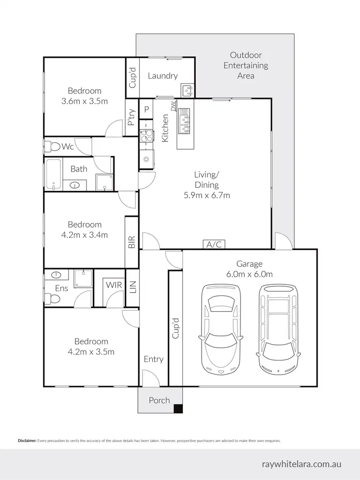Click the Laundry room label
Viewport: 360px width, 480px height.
point(163,75)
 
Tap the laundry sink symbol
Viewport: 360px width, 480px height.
point(187,89)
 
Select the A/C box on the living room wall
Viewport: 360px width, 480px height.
point(214,244)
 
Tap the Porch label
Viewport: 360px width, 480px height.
point(159,400)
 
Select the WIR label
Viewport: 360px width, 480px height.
point(114,285)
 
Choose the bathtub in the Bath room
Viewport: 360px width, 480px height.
point(53,175)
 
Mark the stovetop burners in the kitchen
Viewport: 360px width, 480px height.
point(145,136)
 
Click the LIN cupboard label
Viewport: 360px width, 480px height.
point(133,287)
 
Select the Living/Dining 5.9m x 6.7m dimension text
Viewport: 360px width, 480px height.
point(207,185)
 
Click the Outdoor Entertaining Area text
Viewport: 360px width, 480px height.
point(245,65)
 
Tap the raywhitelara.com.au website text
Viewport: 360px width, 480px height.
point(302,464)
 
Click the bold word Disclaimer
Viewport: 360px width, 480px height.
point(27,440)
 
